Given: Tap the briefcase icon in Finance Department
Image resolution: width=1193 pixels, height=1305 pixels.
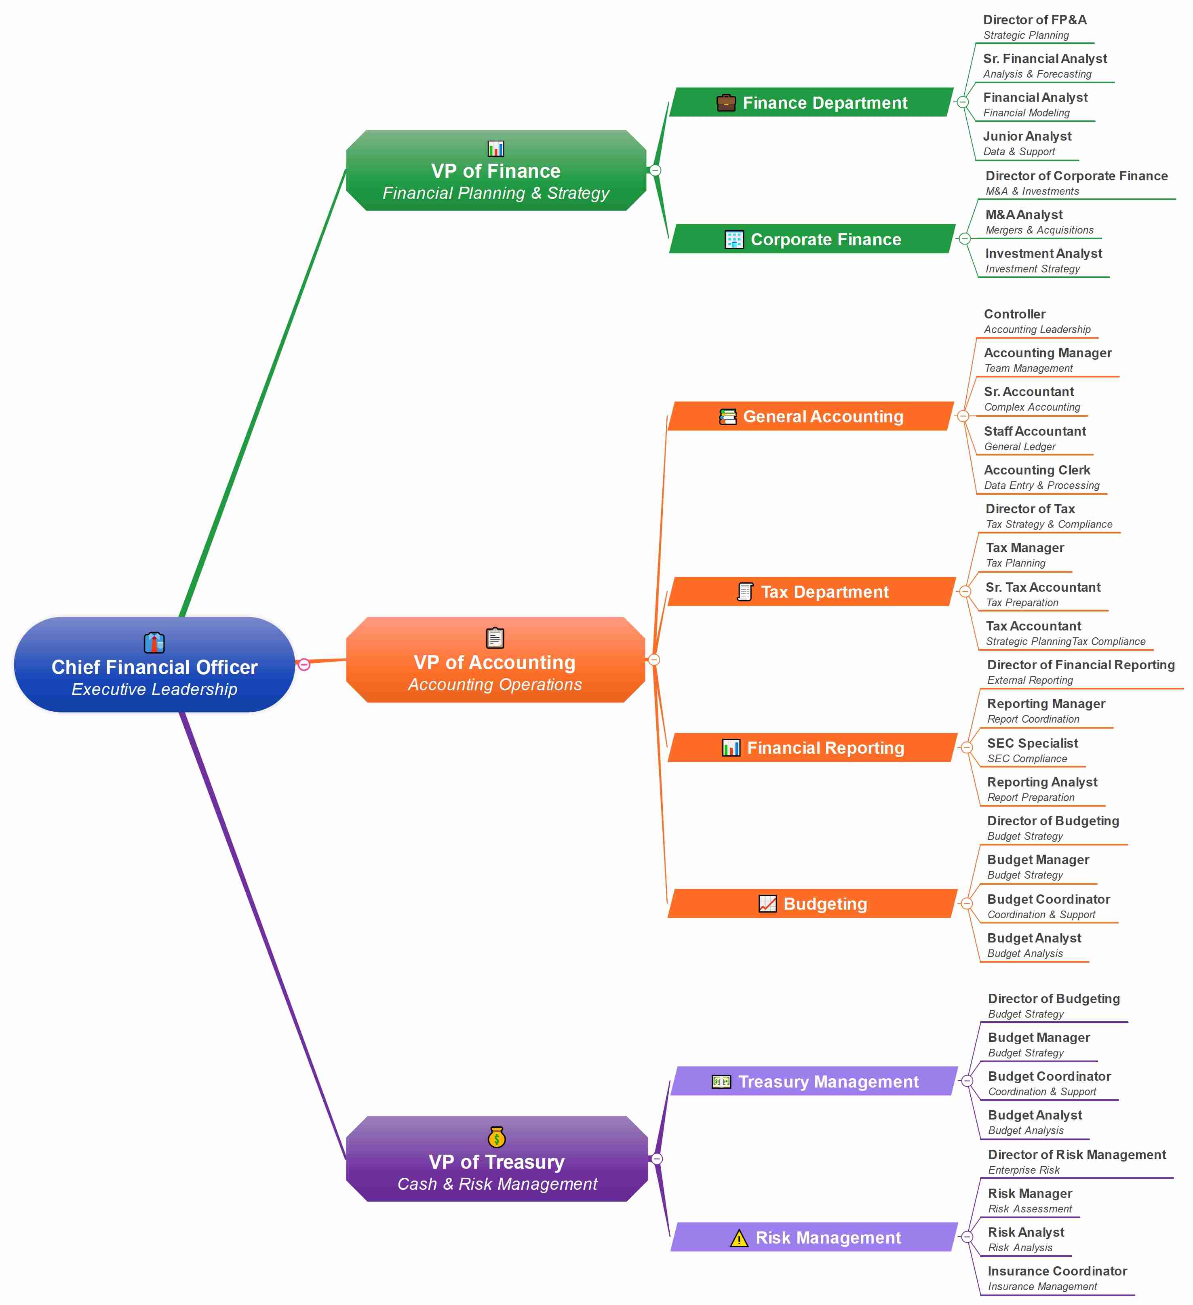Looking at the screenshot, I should (726, 103).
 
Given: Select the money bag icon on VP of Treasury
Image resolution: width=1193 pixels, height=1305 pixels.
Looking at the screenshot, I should (497, 1137).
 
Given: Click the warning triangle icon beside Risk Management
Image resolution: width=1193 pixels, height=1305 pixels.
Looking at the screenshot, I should (739, 1238).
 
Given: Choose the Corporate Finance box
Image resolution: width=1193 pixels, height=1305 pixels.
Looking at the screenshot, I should (812, 240).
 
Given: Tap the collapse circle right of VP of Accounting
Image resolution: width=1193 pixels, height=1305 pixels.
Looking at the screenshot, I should (654, 660).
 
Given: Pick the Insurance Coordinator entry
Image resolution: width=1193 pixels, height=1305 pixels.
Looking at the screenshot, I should (1057, 1271).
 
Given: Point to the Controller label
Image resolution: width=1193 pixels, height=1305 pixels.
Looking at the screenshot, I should (1014, 314).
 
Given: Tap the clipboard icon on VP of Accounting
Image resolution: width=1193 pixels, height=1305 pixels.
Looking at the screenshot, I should (495, 638).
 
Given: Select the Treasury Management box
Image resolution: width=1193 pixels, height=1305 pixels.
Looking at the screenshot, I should (814, 1082).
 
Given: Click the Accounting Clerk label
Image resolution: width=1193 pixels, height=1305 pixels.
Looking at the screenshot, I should (1037, 470).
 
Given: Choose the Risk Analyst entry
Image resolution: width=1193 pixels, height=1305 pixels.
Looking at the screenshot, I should (1026, 1233).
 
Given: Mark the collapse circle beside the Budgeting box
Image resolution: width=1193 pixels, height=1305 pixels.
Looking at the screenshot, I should (966, 904).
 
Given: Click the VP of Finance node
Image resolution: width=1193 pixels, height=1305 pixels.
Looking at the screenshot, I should (496, 171).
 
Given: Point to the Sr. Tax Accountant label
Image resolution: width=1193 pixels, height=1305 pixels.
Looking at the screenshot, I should (1043, 588).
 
